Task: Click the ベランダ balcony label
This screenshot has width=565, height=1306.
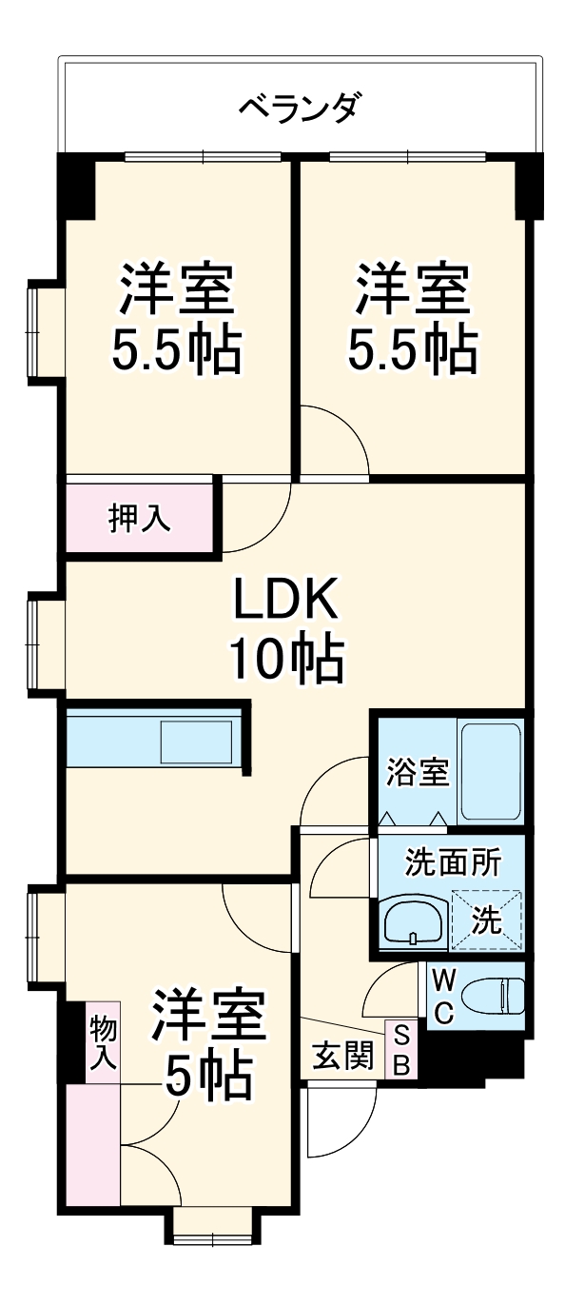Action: (x=299, y=108)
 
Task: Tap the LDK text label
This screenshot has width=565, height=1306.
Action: (x=285, y=601)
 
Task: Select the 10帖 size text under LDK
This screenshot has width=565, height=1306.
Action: (x=285, y=658)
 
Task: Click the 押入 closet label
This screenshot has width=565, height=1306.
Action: (x=140, y=518)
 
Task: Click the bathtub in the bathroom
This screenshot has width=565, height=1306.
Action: (x=490, y=772)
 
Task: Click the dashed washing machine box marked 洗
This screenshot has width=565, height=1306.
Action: (x=487, y=920)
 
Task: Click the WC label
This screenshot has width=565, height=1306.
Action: (x=443, y=996)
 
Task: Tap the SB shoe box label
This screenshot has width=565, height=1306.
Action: (x=400, y=1050)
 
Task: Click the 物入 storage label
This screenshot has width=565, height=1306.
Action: (x=104, y=1042)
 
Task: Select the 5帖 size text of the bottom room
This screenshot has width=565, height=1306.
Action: (x=208, y=1077)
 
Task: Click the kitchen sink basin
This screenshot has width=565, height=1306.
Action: (x=196, y=742)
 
